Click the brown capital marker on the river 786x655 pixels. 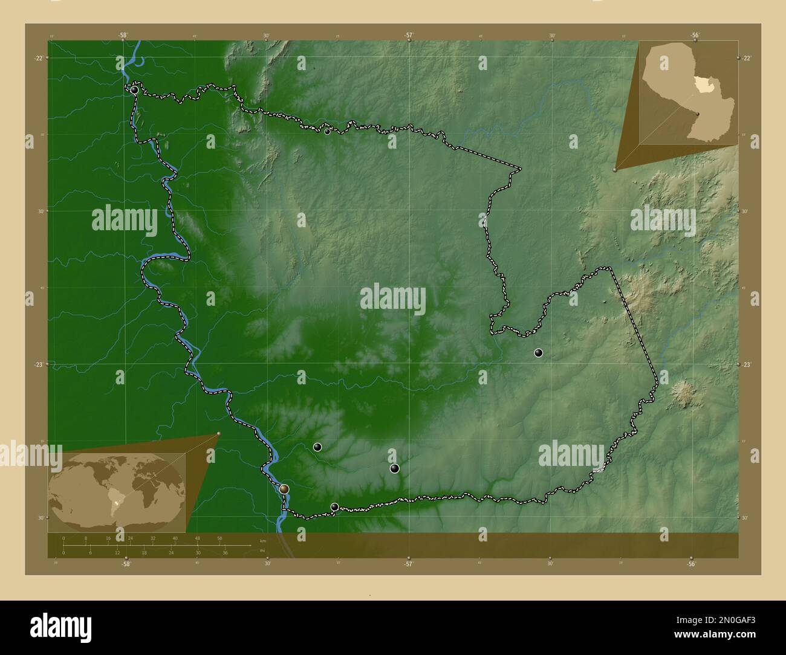coord(284,488)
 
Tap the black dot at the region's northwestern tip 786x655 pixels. coord(134,90)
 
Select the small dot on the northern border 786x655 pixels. coord(327,131)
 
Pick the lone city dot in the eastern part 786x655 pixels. coord(538,353)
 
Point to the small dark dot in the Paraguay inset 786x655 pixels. coord(697,114)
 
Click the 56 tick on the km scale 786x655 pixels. coord(219,538)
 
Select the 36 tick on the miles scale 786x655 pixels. coord(224,552)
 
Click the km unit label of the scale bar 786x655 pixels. coord(262,540)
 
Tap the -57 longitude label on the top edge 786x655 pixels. coord(409,35)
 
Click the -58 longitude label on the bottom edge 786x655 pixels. coord(126,564)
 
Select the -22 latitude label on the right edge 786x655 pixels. coord(747,58)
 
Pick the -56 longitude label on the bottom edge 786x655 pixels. coord(691,564)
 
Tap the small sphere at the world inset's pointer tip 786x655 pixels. coord(219,433)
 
